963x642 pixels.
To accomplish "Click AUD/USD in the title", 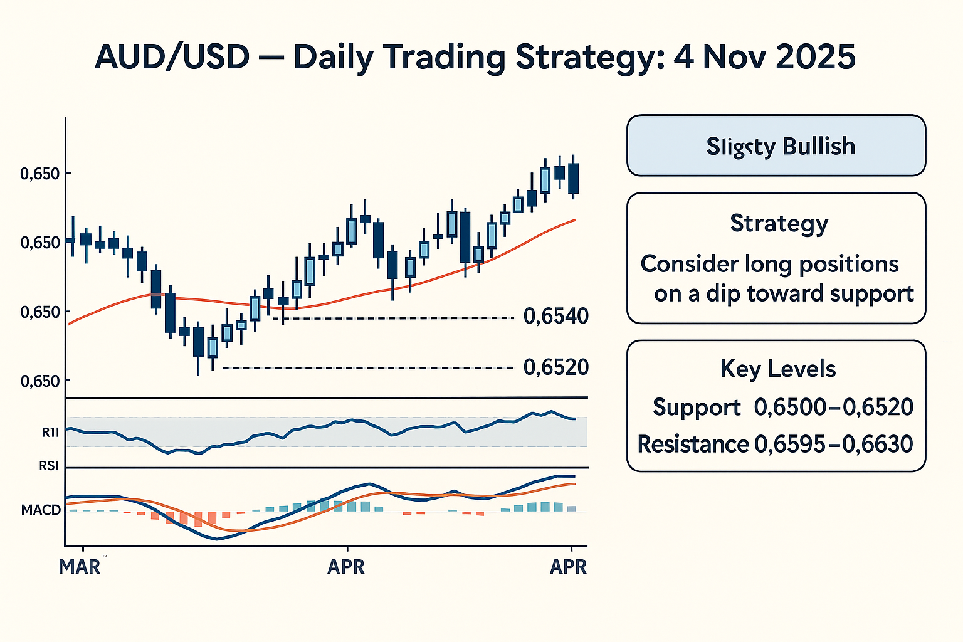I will pos(172,58).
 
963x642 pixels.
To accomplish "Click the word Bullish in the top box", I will pos(819,146).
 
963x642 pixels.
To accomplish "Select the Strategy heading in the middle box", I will pos(779,223).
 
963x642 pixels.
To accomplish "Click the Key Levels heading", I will pos(777,369).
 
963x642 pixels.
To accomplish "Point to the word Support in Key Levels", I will pos(697,408).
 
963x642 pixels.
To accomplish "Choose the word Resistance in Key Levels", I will pos(693,445).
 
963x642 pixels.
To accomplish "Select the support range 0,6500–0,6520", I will pos(833,408).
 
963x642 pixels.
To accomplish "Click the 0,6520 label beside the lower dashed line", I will pos(556,367).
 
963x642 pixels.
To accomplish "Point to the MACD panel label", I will pos(41,510).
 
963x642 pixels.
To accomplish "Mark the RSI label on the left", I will pos(48,466).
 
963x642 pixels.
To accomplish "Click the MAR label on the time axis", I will pos(80,567).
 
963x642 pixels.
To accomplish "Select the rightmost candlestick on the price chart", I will pos(573,178).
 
